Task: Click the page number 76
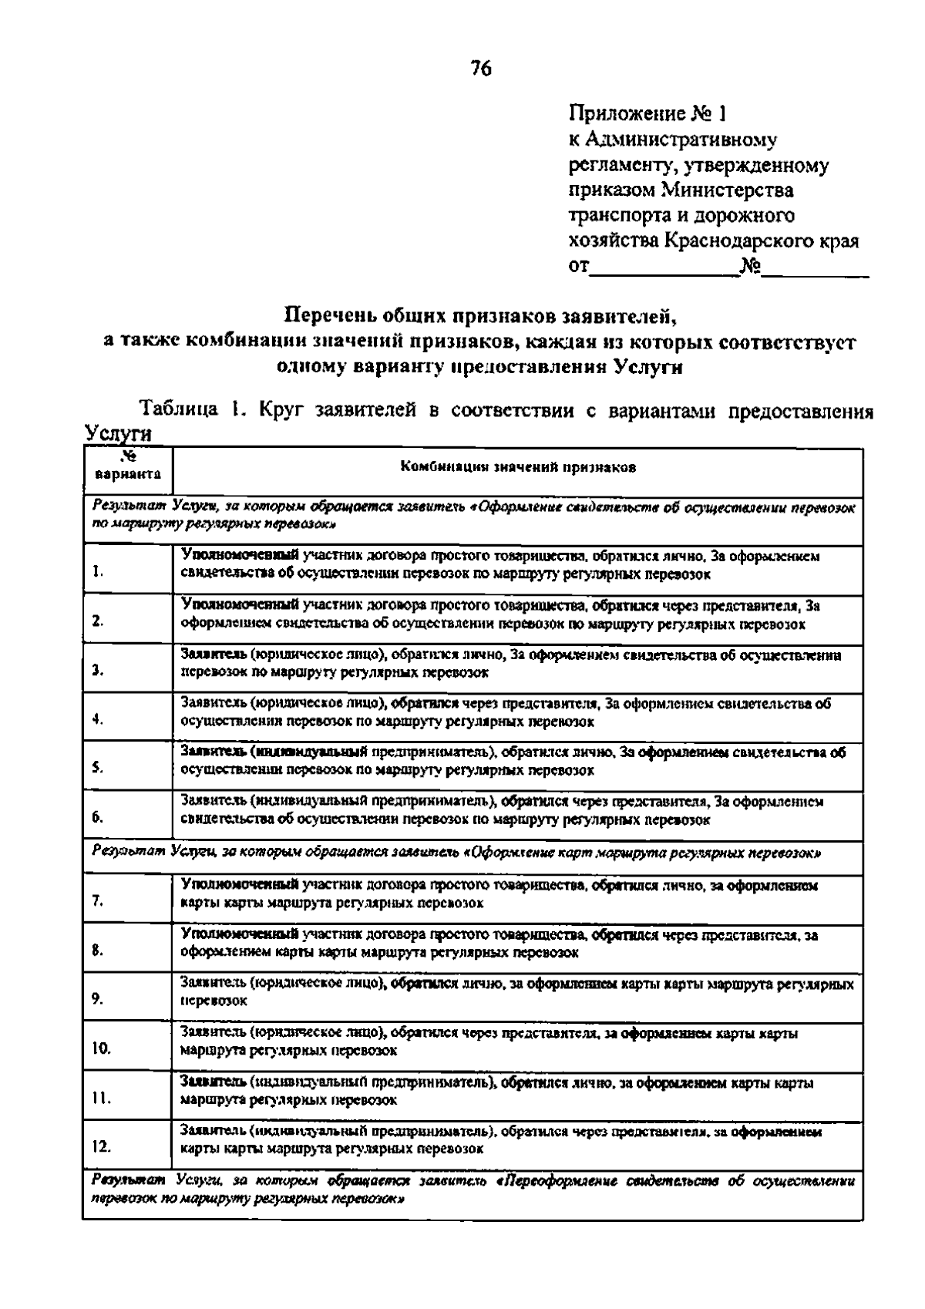[x=480, y=69]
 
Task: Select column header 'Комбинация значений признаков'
[x=517, y=468]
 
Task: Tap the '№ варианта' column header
[x=127, y=468]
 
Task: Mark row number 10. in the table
[x=102, y=1048]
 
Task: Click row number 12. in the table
[x=102, y=1146]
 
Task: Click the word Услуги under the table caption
[x=116, y=434]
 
